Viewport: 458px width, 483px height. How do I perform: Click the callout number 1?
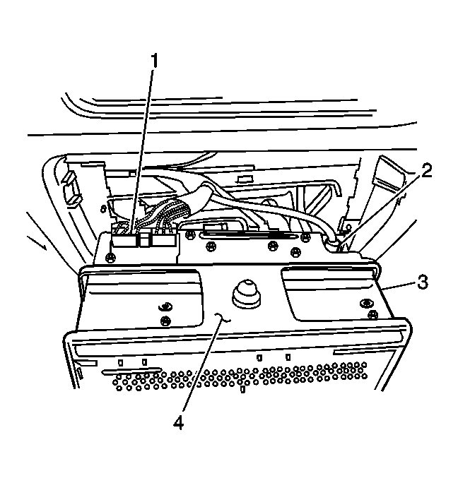[154, 61]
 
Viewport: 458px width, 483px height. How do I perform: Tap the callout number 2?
[426, 171]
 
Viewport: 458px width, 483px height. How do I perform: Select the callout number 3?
[423, 282]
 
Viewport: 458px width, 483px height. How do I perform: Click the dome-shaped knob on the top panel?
[246, 294]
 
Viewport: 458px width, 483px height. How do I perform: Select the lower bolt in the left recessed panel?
[166, 321]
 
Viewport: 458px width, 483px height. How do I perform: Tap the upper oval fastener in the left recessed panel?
[165, 306]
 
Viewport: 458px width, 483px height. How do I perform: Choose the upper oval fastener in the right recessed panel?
[365, 303]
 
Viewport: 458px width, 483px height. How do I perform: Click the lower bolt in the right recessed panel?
[373, 314]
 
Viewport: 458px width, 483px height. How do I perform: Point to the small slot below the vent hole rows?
[242, 389]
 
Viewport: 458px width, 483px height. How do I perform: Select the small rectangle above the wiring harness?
[245, 179]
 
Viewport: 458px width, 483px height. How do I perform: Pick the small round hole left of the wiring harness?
[102, 210]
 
